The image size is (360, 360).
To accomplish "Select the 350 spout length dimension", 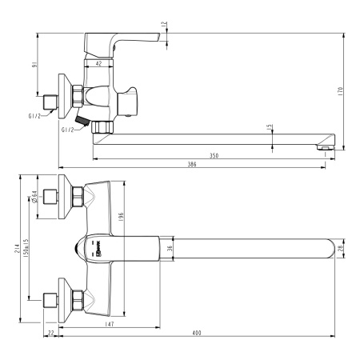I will point(214,155).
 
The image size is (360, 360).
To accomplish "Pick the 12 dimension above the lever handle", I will point(165,25).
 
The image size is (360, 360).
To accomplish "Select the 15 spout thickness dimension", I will point(271,127).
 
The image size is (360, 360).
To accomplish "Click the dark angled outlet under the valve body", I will point(81,121).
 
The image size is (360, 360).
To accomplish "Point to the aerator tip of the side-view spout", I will point(324,146).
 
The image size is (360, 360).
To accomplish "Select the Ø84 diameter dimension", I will point(35,196).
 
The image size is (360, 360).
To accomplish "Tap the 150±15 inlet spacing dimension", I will point(29,254).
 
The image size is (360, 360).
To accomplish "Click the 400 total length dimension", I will point(196,333).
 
